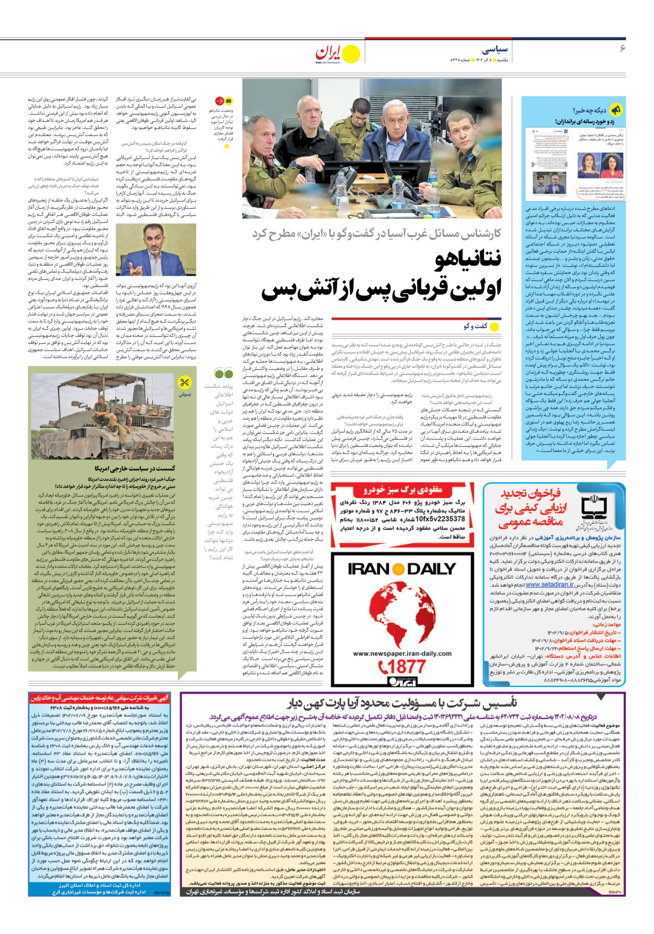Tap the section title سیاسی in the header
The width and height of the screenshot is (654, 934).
pyautogui.click(x=494, y=50)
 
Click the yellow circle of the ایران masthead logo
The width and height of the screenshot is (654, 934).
pyautogui.click(x=351, y=54)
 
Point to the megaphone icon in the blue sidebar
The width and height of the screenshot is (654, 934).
pyautogui.click(x=616, y=109)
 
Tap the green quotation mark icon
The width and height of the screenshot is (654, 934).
pyautogui.click(x=224, y=373)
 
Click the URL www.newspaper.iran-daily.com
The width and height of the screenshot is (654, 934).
pyautogui.click(x=402, y=653)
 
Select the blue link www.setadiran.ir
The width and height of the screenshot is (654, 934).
pyautogui.click(x=549, y=584)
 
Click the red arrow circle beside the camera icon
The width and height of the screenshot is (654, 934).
pyautogui.click(x=219, y=101)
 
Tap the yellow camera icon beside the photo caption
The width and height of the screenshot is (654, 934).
pyautogui.click(x=229, y=101)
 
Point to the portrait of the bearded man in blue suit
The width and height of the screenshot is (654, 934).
pyautogui.click(x=156, y=250)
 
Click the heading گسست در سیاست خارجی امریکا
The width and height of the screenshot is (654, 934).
pyautogui.click(x=135, y=468)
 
